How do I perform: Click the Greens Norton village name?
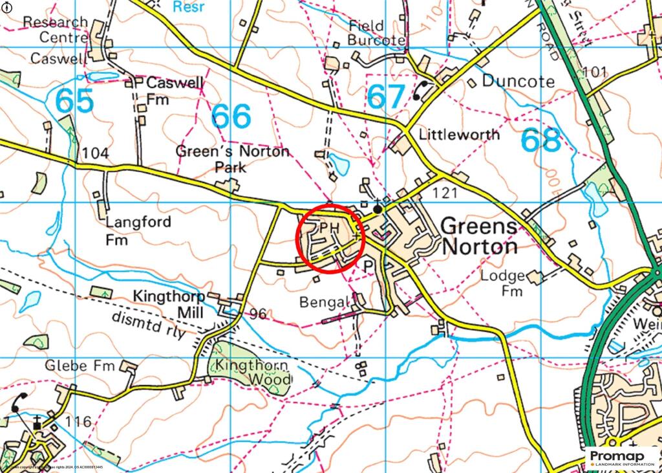[479, 237]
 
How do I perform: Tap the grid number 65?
[74, 102]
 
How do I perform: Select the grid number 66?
[231, 116]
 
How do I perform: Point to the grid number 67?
[386, 96]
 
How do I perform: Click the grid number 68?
[540, 140]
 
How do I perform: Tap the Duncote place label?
[518, 82]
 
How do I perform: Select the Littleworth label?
[459, 135]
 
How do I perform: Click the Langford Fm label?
[129, 230]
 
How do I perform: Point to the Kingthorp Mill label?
[169, 304]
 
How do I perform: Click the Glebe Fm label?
[79, 366]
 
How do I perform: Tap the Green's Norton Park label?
[232, 159]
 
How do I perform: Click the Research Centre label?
[55, 30]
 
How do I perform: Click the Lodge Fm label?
[502, 283]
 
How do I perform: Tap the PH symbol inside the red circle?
[330, 228]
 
